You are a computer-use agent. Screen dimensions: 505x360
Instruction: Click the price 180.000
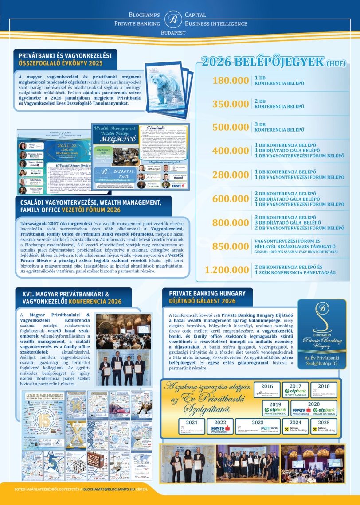point(231,81)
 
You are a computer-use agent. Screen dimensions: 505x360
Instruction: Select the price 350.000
point(231,104)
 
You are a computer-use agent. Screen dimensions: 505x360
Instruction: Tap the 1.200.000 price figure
point(227,270)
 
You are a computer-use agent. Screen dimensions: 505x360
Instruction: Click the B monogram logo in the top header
point(172,19)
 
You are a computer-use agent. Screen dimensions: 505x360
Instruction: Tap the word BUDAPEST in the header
point(172,33)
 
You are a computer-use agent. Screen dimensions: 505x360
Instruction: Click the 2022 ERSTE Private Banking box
point(220,426)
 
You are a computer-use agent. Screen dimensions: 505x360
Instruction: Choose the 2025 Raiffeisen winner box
point(324,426)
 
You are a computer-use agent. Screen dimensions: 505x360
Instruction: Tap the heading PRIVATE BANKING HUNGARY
point(207,293)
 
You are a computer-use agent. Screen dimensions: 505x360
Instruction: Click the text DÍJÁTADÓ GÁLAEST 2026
point(202,301)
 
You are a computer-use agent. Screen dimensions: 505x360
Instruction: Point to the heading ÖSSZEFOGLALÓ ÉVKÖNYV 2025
point(60,63)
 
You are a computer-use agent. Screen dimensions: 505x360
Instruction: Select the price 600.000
point(231,199)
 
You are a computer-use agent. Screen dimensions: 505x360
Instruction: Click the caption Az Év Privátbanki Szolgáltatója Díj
point(322,360)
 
